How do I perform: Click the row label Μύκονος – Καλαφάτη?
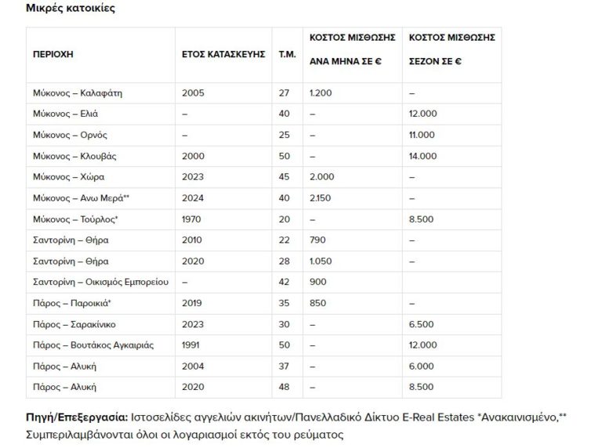click(77, 93)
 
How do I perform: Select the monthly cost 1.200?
click(322, 93)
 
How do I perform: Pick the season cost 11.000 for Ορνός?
click(424, 135)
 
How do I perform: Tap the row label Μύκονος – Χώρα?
click(68, 177)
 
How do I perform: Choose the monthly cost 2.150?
click(321, 198)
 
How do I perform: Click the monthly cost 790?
click(318, 240)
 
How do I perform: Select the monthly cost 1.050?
click(322, 261)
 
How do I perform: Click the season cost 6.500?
click(422, 324)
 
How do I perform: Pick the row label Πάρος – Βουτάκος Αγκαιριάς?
click(93, 345)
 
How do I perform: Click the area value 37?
click(284, 366)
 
